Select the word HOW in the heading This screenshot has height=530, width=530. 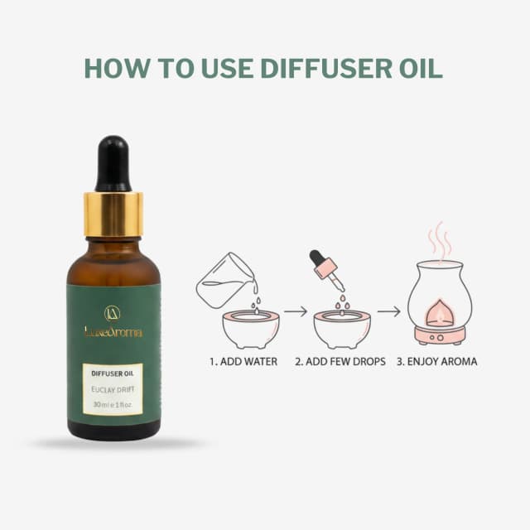[x=116, y=68]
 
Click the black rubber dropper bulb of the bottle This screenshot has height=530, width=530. [x=113, y=164]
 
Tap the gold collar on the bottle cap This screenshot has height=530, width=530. [x=113, y=214]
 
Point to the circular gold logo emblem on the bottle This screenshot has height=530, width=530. [x=113, y=313]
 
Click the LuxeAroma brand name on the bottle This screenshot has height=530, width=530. [x=113, y=331]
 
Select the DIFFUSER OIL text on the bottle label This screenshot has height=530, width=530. [x=113, y=373]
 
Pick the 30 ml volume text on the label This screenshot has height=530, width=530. [x=113, y=404]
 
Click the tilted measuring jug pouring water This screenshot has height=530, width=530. [x=225, y=280]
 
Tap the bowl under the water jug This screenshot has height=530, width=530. [x=251, y=330]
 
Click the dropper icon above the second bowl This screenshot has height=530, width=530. [x=326, y=270]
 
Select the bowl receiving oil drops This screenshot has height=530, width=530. [x=342, y=330]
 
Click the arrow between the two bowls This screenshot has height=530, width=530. [x=296, y=311]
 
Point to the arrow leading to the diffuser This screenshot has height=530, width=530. [x=388, y=311]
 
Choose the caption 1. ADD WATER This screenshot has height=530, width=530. [x=243, y=362]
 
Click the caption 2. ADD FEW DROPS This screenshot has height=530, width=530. [x=340, y=362]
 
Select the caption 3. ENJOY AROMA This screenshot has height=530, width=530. [x=436, y=362]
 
